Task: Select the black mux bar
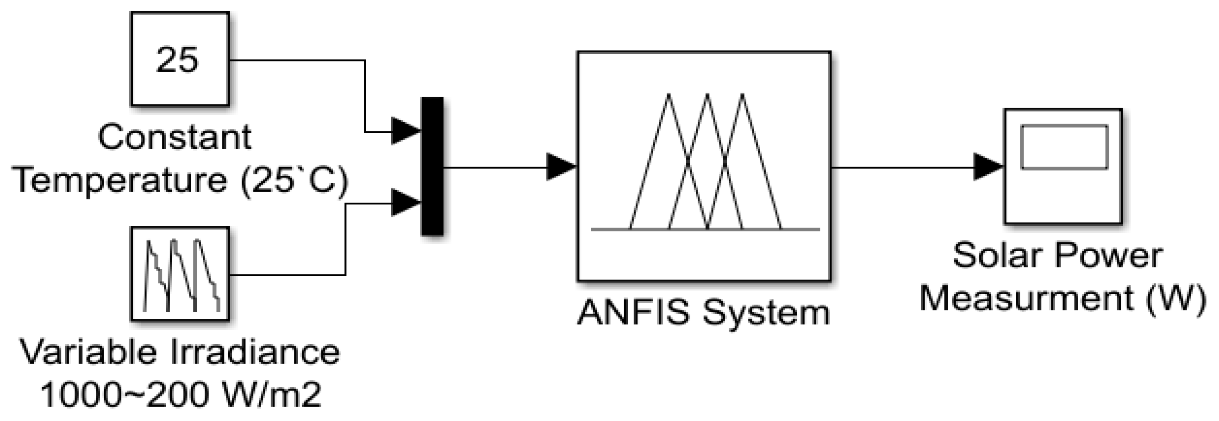click(x=432, y=166)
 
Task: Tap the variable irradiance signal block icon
click(x=180, y=274)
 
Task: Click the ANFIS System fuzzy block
click(x=704, y=166)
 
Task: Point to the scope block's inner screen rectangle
click(x=1064, y=147)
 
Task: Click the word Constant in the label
click(x=175, y=138)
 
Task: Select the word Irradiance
click(x=255, y=353)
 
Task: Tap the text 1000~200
click(x=125, y=395)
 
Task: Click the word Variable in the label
click(x=88, y=353)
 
